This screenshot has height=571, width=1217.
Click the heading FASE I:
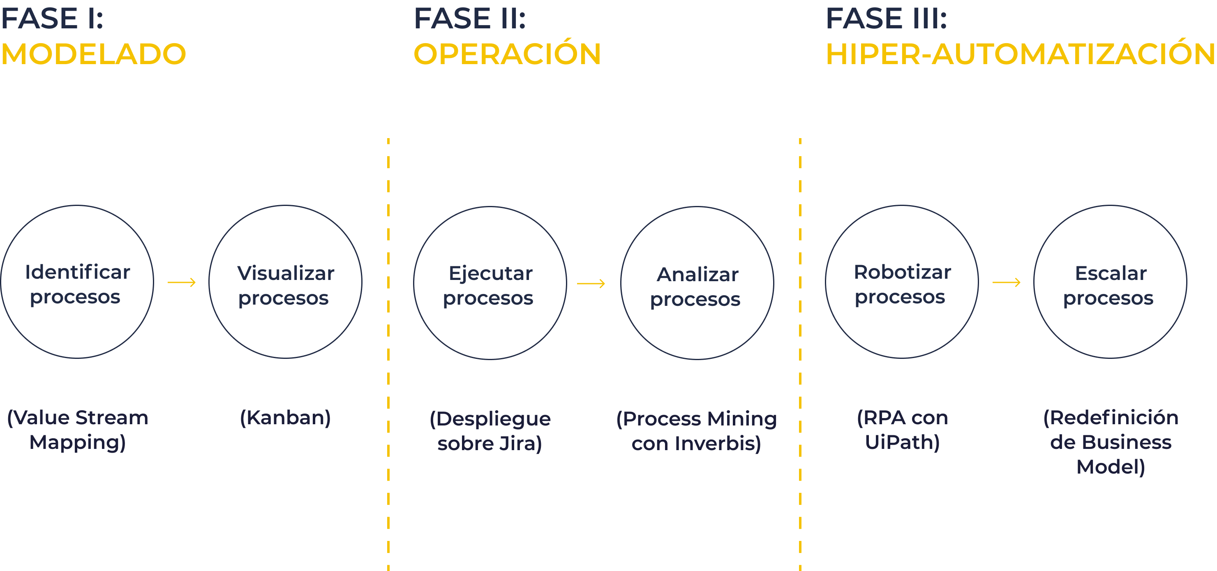[x=52, y=18]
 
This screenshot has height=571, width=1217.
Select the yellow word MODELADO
[x=94, y=54]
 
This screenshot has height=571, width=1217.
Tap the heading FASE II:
[x=470, y=18]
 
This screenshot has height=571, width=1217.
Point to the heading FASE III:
[x=886, y=18]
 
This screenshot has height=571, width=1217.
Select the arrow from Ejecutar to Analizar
[x=591, y=284]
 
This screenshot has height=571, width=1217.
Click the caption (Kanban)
[x=285, y=418]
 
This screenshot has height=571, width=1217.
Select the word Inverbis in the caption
[x=718, y=444]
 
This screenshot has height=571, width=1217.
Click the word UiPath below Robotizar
[x=902, y=442]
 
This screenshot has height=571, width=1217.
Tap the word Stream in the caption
[x=112, y=418]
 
